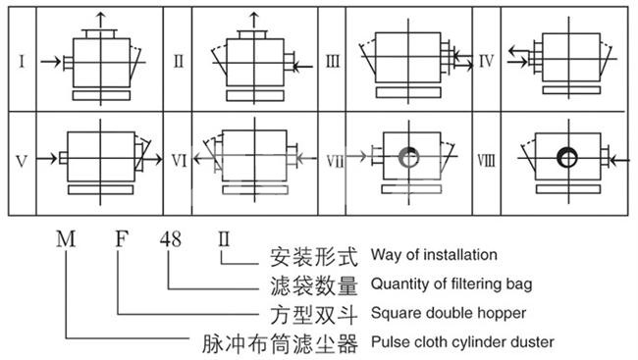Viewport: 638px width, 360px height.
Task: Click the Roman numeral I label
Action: (x=22, y=62)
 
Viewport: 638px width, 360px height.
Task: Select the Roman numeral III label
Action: (x=333, y=62)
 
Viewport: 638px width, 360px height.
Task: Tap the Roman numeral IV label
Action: (x=486, y=62)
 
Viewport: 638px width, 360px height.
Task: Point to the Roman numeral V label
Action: (x=22, y=162)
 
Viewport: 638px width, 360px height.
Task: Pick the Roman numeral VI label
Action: (x=179, y=161)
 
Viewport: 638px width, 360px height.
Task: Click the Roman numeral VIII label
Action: (x=486, y=161)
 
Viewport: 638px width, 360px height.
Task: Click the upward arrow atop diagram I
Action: (x=101, y=21)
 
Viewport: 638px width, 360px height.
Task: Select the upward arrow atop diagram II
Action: (x=254, y=21)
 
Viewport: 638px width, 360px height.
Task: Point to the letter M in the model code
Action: (x=66, y=238)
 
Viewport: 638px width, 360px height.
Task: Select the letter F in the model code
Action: (x=122, y=238)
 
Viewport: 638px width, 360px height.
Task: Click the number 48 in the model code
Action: (x=170, y=239)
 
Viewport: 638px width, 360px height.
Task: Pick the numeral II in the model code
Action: (x=224, y=239)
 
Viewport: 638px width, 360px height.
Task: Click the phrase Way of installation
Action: (x=434, y=255)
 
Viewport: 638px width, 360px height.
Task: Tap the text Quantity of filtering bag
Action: (x=452, y=283)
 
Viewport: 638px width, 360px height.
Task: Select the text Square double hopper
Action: (x=449, y=313)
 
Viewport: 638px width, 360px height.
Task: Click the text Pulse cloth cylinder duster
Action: (x=462, y=342)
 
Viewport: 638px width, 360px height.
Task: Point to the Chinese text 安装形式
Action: (x=314, y=257)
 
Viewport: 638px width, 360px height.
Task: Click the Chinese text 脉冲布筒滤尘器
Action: (x=281, y=343)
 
